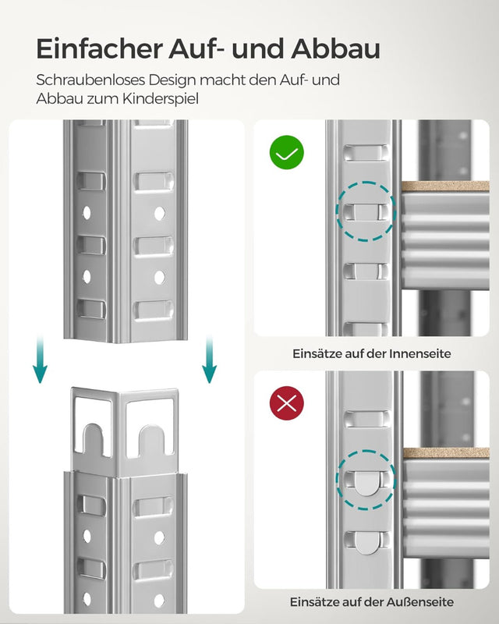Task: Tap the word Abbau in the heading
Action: [336, 48]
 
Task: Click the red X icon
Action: [287, 403]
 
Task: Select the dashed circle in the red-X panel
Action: [365, 481]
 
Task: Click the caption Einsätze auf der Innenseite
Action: [372, 353]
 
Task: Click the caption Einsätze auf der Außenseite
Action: [372, 601]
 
